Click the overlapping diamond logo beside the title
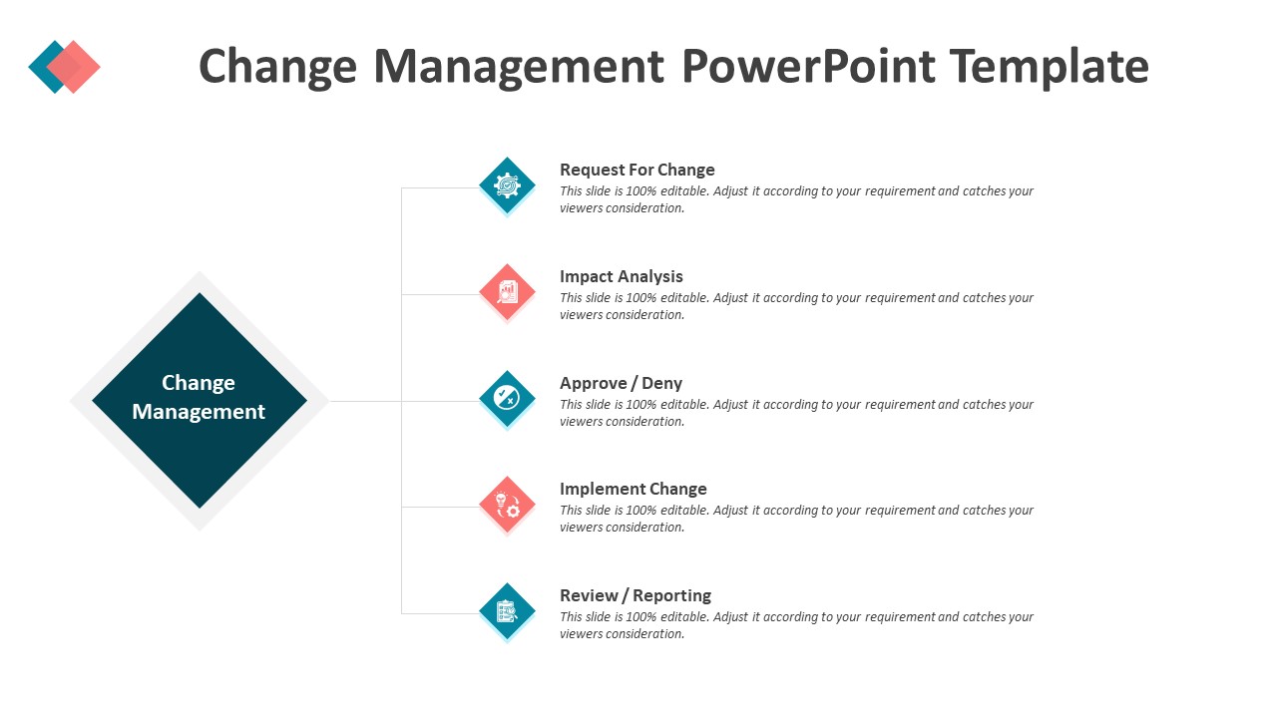click(x=65, y=67)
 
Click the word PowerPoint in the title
click(x=808, y=66)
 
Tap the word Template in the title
click(x=1049, y=67)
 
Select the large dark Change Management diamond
click(x=200, y=401)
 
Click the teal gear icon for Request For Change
click(x=508, y=185)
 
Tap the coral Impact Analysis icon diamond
click(x=508, y=292)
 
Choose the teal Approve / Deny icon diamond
click(x=508, y=398)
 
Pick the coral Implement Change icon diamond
click(x=508, y=505)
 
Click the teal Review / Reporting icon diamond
click(x=508, y=611)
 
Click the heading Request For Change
click(x=638, y=170)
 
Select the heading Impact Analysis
click(x=622, y=276)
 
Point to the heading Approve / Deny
click(x=621, y=383)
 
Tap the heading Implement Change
click(x=634, y=489)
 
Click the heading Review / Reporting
click(x=636, y=595)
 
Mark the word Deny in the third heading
click(x=661, y=384)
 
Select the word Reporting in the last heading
click(x=672, y=596)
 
